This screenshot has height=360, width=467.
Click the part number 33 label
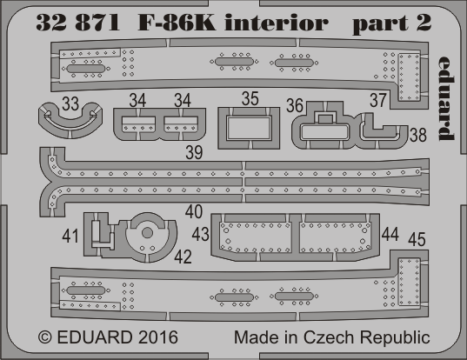coord(70,104)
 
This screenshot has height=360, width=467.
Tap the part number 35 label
coord(250,98)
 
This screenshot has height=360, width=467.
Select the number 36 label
coord(295,105)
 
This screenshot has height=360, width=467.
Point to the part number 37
coord(378,100)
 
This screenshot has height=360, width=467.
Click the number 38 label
coord(418,135)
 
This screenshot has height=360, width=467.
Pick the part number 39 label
coord(194,152)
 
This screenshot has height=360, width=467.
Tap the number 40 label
coord(194,211)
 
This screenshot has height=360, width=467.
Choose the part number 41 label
coord(70,237)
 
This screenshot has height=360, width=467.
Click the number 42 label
coord(183,257)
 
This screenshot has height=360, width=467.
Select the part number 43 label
coord(200,234)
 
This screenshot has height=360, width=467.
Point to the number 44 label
coord(390,234)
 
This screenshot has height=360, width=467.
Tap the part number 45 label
coord(417,239)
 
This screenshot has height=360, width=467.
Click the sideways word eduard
coord(445,98)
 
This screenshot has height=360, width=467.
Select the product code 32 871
coord(77,23)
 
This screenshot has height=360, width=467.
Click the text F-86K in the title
coord(177,23)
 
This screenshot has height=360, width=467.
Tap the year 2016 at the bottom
coord(158,337)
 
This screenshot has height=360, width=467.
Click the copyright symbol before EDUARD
coord(45,337)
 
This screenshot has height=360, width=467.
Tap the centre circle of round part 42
coord(147,233)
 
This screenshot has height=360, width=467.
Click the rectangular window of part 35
coord(249,129)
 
